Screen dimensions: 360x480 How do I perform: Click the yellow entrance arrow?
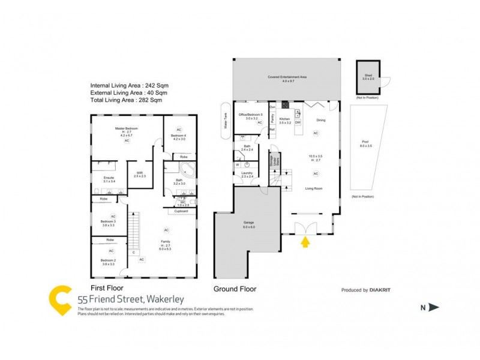pos(305,242)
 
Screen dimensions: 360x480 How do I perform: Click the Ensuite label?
pos(109,179)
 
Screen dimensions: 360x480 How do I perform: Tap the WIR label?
pos(139,175)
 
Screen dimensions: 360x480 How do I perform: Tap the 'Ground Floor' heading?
pos(235,289)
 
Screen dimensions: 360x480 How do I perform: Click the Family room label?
pos(164,242)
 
